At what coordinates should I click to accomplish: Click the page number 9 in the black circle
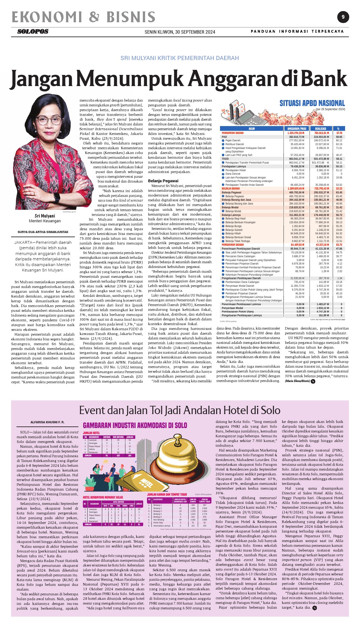(x=343, y=17)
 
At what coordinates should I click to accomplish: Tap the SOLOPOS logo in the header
(x=33, y=31)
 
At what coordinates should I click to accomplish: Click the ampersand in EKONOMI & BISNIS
(x=94, y=17)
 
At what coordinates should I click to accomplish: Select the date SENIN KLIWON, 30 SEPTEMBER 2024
(x=180, y=32)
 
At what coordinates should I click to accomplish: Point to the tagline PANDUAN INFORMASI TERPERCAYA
(x=297, y=31)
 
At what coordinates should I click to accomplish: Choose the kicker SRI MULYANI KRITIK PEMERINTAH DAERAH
(x=180, y=58)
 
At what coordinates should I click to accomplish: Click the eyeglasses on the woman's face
(x=48, y=120)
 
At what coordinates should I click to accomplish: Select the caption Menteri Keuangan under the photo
(x=45, y=221)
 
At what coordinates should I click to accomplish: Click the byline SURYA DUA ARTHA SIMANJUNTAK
(x=43, y=232)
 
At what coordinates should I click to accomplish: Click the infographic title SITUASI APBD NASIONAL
(x=312, y=103)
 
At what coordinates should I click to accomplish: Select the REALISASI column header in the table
(x=321, y=129)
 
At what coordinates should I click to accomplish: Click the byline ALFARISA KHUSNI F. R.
(x=47, y=422)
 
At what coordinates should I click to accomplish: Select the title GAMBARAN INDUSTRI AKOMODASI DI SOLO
(x=135, y=426)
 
